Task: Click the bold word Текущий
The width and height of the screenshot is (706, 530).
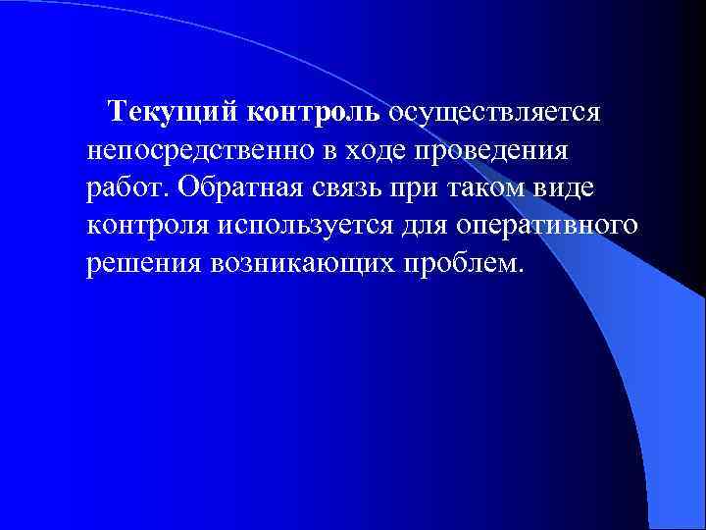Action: point(170,111)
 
